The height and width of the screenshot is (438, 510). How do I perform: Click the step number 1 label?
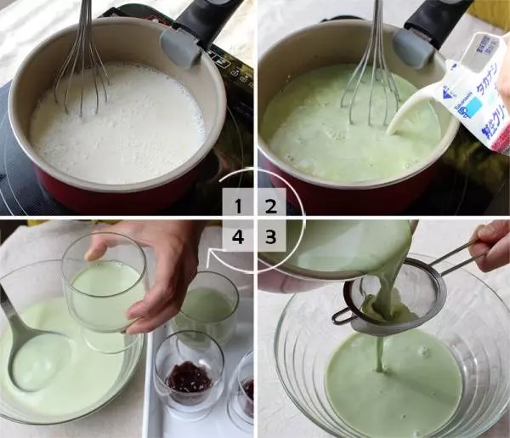(239, 205)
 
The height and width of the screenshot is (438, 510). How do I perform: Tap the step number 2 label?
(271, 205)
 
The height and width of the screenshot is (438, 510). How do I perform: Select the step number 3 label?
(271, 237)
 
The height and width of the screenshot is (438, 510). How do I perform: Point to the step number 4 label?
(239, 237)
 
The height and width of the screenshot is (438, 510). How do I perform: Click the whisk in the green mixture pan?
(372, 68)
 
